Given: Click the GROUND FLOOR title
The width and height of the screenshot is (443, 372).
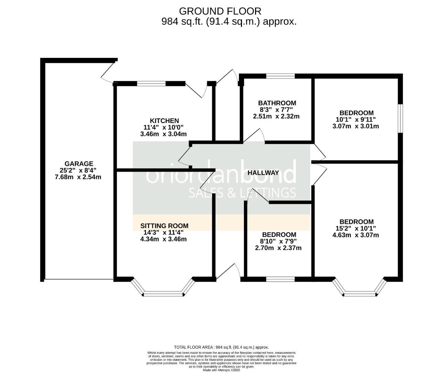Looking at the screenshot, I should click(x=220, y=11).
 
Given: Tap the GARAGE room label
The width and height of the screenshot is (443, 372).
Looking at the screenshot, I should click(x=79, y=164).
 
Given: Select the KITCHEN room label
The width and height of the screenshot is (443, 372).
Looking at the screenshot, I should click(x=164, y=121).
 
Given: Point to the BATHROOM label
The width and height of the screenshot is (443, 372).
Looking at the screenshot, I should click(x=277, y=103).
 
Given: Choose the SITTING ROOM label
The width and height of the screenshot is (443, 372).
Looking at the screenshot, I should click(x=164, y=226).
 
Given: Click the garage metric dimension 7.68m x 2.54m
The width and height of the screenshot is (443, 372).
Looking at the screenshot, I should click(x=78, y=177).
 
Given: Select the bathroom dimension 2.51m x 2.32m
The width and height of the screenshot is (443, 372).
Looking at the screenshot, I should click(x=276, y=116).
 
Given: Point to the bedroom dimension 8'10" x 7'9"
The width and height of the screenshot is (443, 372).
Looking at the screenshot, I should click(x=278, y=241).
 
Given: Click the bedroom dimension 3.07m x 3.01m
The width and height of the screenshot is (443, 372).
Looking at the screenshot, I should click(x=356, y=126).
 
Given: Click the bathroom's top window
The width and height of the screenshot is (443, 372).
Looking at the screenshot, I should click(x=280, y=76).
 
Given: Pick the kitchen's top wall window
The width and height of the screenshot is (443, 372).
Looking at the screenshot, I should click(x=151, y=83).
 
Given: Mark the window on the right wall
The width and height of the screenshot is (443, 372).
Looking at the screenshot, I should click(x=400, y=118).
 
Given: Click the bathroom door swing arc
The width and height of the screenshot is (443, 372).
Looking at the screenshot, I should click(x=255, y=135).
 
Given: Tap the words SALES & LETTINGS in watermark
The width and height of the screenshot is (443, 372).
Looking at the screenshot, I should click(x=242, y=193).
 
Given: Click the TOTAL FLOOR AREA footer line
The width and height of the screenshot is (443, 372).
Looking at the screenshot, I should click(x=221, y=347).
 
